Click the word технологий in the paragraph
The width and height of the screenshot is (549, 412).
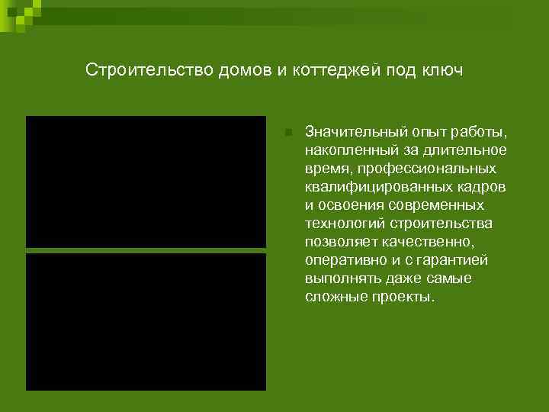tap(345, 223)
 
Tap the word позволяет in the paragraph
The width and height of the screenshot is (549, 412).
tap(337, 242)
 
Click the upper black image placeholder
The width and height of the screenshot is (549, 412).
tap(146, 182)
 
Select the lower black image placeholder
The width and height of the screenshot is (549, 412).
tap(146, 321)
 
